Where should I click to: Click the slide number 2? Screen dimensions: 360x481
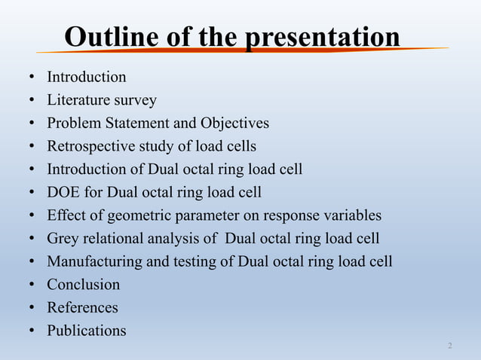[x=450, y=346]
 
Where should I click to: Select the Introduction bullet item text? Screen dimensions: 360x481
[x=87, y=77]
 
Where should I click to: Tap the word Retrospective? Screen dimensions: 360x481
[x=91, y=146]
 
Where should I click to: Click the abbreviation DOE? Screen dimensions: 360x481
[x=63, y=192]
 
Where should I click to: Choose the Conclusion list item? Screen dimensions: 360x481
[x=83, y=285]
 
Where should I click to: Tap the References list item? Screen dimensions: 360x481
[x=82, y=307]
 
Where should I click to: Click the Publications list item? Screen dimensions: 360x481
[x=87, y=331]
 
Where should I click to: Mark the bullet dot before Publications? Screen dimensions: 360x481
[x=32, y=331]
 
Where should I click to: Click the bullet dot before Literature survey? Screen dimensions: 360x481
[x=32, y=101]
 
